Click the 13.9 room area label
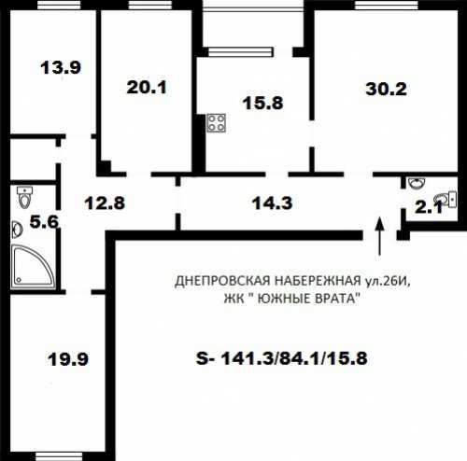(61, 67)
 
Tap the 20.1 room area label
(147, 87)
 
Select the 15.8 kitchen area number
(262, 103)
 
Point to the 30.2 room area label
(386, 89)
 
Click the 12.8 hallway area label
(105, 203)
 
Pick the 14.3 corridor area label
(272, 203)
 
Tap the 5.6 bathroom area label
(44, 222)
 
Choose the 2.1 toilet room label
(429, 207)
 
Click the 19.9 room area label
(68, 359)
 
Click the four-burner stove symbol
(217, 123)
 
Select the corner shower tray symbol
(34, 267)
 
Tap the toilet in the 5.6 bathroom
(25, 197)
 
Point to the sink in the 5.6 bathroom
(17, 230)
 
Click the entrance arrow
(379, 235)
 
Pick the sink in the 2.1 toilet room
(417, 183)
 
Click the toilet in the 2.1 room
(446, 200)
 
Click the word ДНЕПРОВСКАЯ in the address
(222, 281)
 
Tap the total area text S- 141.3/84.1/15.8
(282, 358)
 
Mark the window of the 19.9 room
(59, 456)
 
